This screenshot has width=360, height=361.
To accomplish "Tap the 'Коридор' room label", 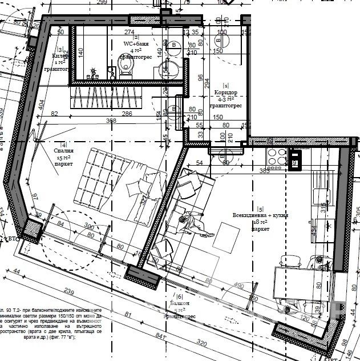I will point(225,93).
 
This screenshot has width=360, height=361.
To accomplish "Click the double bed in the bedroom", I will point(117,183).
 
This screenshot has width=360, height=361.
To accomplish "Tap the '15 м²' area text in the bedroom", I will point(64,157).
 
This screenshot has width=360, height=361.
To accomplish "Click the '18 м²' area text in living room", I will point(260,222).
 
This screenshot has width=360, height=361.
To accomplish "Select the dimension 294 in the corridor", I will point(207,84).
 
